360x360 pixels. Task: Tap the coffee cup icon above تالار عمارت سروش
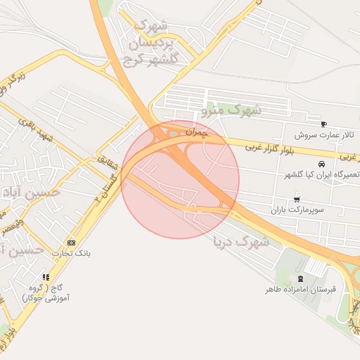point(323,124)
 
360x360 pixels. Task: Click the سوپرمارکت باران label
point(298,210)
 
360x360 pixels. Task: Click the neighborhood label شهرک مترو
point(231,110)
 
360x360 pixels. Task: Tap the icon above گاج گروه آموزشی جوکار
point(46,277)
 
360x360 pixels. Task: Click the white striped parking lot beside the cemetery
point(317,267)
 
